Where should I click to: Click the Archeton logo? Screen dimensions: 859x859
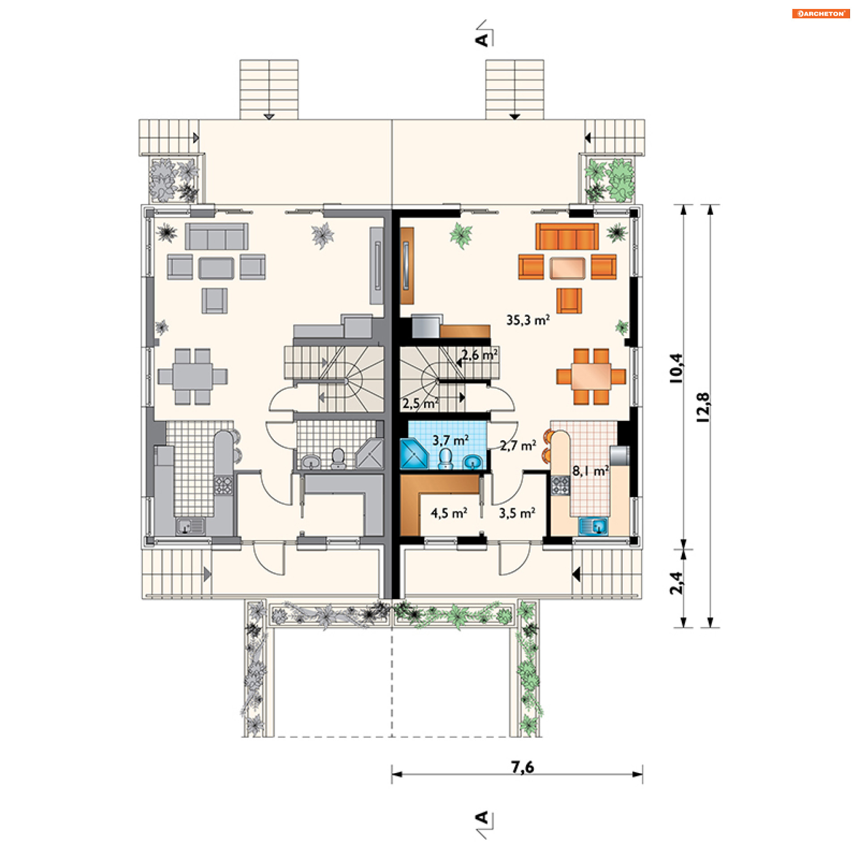(821, 13)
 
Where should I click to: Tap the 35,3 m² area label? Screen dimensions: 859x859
(528, 320)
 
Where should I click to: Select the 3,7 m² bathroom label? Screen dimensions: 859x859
(451, 440)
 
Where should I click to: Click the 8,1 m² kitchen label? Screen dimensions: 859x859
(591, 471)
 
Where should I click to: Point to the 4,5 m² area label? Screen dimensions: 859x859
(449, 513)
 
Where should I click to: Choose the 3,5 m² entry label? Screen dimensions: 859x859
(517, 513)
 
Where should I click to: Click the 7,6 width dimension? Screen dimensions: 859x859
(523, 767)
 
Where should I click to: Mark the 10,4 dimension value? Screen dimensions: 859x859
(676, 368)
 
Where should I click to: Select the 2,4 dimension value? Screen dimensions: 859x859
(676, 583)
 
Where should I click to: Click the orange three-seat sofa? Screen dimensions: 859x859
(567, 236)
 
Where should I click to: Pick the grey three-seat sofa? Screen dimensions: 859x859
(217, 236)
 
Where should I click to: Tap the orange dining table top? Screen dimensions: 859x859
(591, 376)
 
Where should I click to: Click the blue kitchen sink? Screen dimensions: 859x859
(593, 526)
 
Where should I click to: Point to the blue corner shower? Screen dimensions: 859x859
(414, 454)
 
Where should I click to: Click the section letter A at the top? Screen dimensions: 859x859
(482, 40)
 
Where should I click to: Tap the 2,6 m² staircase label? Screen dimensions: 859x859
(480, 355)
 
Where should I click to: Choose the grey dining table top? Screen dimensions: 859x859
(192, 376)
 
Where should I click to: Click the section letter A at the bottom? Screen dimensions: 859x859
(482, 818)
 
